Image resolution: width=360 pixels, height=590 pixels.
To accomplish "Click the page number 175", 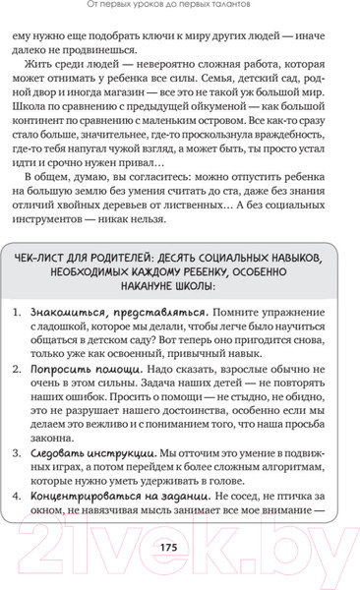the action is click(x=181, y=548).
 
